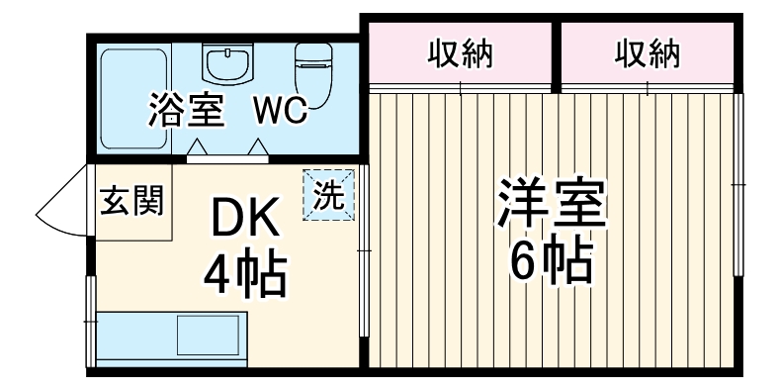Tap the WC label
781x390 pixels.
click(x=280, y=110)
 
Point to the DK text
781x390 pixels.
click(x=245, y=218)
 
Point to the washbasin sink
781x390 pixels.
click(x=227, y=64)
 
